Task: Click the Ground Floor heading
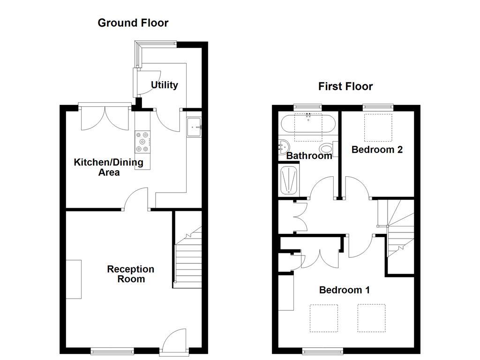point(133,23)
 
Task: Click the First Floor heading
point(345,86)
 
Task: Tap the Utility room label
point(164,85)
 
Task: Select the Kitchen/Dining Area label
point(109,167)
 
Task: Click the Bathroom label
point(309,156)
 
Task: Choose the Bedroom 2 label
point(377,150)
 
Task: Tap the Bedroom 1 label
point(344,290)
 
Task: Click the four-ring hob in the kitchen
point(142,142)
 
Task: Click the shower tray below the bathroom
point(288,180)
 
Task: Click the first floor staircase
point(398,230)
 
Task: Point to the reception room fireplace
point(73,279)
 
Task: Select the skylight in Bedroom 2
point(378,127)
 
